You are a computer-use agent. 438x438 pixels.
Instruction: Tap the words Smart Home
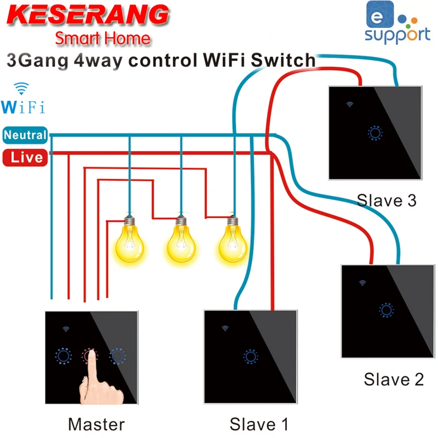tap(102, 39)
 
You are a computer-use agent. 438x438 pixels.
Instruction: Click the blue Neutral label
tap(25, 135)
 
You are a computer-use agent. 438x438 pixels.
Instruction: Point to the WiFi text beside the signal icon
tap(23, 106)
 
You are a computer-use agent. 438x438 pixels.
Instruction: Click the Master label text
tap(96, 424)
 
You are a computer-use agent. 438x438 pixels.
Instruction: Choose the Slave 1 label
tap(258, 424)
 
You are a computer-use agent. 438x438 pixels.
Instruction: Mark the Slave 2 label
tap(394, 379)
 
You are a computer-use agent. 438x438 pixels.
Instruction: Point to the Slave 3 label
tap(387, 200)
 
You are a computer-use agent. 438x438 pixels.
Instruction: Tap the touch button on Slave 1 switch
tap(251, 356)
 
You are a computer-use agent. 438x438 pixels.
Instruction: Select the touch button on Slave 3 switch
tap(376, 133)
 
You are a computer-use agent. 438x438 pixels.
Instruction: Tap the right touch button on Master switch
tap(116, 356)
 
